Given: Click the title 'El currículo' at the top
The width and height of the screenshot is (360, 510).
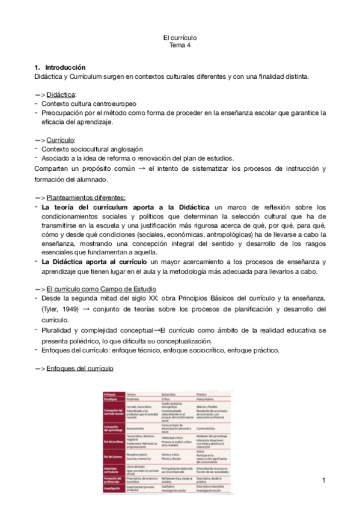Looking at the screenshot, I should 180,37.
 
